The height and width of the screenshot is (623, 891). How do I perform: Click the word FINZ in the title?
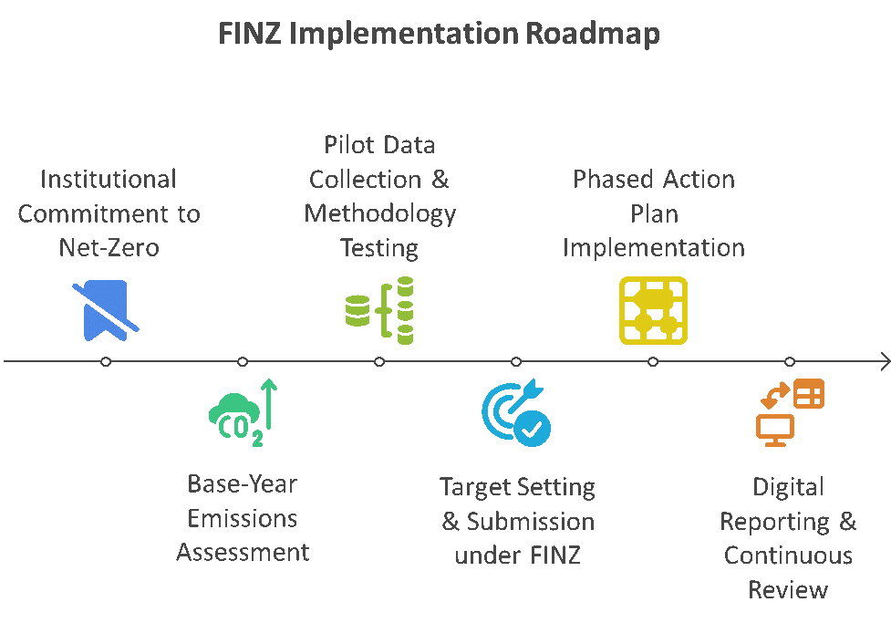(x=250, y=33)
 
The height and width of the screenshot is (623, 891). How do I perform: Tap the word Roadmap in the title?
(x=592, y=34)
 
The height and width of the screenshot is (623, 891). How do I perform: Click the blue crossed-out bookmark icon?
(x=106, y=310)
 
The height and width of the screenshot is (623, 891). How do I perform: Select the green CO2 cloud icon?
(x=243, y=412)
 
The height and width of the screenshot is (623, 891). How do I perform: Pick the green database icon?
(x=379, y=310)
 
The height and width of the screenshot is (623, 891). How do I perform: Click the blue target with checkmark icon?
(x=516, y=412)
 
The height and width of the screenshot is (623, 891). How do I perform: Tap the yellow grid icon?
(x=653, y=310)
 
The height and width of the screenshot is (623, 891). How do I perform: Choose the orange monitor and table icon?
(x=790, y=412)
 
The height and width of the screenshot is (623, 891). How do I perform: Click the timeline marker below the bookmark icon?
(x=106, y=361)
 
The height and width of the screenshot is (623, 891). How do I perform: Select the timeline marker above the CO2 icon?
(x=243, y=361)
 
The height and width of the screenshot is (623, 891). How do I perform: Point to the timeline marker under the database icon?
(x=379, y=361)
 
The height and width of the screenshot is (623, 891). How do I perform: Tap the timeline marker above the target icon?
(x=516, y=361)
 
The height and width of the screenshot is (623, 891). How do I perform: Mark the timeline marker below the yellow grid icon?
(x=653, y=361)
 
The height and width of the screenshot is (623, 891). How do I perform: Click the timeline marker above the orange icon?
(x=790, y=361)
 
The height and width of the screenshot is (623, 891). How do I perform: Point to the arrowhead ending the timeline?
(x=889, y=361)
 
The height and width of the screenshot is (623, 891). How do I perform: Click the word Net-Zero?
(x=109, y=248)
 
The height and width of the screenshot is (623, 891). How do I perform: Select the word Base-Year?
(x=242, y=484)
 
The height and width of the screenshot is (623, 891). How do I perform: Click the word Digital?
(x=788, y=488)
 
